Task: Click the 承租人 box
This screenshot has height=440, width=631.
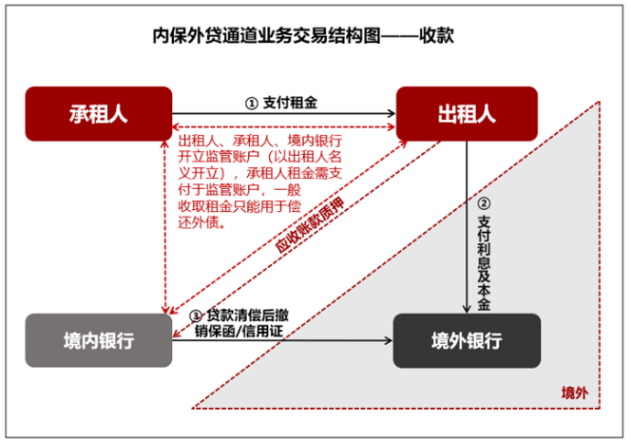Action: click(99, 114)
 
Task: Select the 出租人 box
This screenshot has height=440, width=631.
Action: click(467, 114)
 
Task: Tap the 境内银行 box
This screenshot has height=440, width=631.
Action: click(99, 340)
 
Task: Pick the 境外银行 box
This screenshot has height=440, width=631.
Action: click(467, 340)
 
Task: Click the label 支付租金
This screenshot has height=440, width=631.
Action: click(290, 103)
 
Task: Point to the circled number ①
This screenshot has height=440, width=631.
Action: click(252, 104)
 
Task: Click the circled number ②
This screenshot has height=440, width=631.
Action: click(484, 203)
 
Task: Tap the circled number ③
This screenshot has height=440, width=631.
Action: click(196, 316)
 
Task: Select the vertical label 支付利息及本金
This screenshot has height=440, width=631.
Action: click(484, 262)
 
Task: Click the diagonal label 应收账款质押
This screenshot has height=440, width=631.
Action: click(310, 225)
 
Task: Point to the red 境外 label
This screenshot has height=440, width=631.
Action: click(575, 392)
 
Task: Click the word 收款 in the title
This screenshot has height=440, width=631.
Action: click(436, 35)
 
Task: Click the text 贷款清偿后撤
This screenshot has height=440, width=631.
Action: click(247, 315)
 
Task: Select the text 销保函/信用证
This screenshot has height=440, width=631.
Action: click(239, 332)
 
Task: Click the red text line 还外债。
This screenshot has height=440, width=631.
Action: click(201, 222)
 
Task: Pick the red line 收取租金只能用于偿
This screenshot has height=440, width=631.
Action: click(239, 206)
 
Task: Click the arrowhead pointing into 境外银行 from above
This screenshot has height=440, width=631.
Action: click(467, 309)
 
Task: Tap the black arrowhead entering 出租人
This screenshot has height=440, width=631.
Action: click(392, 113)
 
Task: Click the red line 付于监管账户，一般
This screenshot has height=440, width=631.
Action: click(239, 190)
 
